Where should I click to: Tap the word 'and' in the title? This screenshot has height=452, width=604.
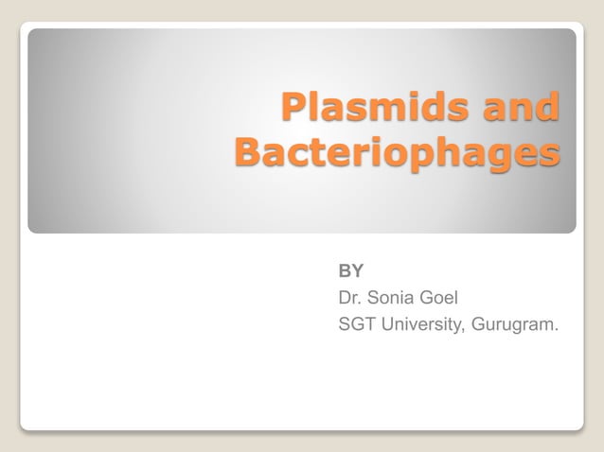point(520,109)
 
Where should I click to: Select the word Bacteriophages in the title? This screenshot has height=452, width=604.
point(396,152)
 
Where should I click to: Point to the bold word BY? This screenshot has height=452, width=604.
point(351,271)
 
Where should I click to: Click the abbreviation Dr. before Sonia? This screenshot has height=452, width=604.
point(350,299)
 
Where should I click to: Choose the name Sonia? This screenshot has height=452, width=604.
point(393,299)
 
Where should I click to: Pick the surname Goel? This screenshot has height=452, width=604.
point(441,299)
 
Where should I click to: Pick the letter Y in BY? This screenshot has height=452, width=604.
point(358,271)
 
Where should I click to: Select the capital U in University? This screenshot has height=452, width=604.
point(391,326)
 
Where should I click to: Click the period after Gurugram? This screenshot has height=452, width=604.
point(557,332)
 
